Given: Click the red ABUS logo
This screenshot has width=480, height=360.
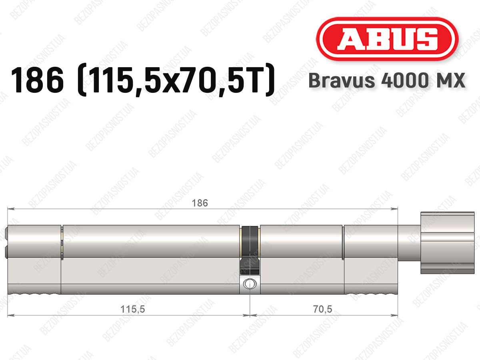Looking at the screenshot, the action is click(387, 39).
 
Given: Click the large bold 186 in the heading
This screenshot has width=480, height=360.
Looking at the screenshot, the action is click(37, 80).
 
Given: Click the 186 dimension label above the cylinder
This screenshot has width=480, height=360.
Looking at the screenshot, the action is click(200, 203).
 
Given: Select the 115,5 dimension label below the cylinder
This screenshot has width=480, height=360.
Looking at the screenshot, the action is click(132, 309).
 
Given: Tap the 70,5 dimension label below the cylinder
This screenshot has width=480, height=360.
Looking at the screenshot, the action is click(322, 309).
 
